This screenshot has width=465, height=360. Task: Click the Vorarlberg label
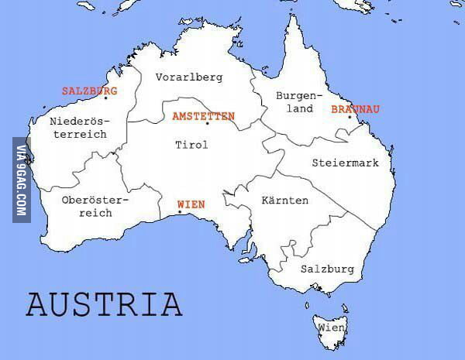tap(189, 77)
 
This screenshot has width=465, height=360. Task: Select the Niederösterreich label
tap(78, 128)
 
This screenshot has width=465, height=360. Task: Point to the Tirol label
tap(191, 145)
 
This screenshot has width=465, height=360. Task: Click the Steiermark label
tap(345, 163)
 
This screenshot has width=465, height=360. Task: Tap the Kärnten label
tap(285, 201)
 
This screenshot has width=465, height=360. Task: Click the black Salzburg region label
tap(327, 269)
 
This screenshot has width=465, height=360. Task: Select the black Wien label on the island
tap(331, 328)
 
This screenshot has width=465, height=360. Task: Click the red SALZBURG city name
tap(89, 91)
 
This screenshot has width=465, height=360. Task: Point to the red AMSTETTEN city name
tap(203, 115)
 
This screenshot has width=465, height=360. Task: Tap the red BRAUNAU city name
tap(355, 109)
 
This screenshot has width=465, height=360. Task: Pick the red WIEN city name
tap(191, 204)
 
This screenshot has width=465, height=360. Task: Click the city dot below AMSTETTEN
tap(207, 125)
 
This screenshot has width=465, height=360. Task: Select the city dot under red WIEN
tap(180, 212)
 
